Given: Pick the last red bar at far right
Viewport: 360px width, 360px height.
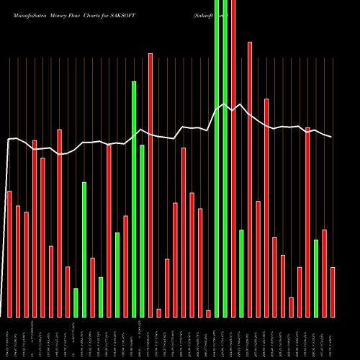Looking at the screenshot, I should click(x=333, y=292).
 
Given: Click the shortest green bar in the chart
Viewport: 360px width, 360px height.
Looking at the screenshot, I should click(x=76, y=302).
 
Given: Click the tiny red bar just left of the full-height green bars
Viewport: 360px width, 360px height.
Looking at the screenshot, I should click(x=208, y=313).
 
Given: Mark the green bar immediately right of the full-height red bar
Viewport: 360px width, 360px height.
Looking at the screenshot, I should click(x=241, y=273).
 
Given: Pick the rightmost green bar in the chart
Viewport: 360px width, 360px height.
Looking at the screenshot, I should click(x=316, y=278).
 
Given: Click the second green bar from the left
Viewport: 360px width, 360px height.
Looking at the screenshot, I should click(x=84, y=249).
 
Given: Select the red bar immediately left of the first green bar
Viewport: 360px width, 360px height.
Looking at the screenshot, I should click(x=68, y=292).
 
